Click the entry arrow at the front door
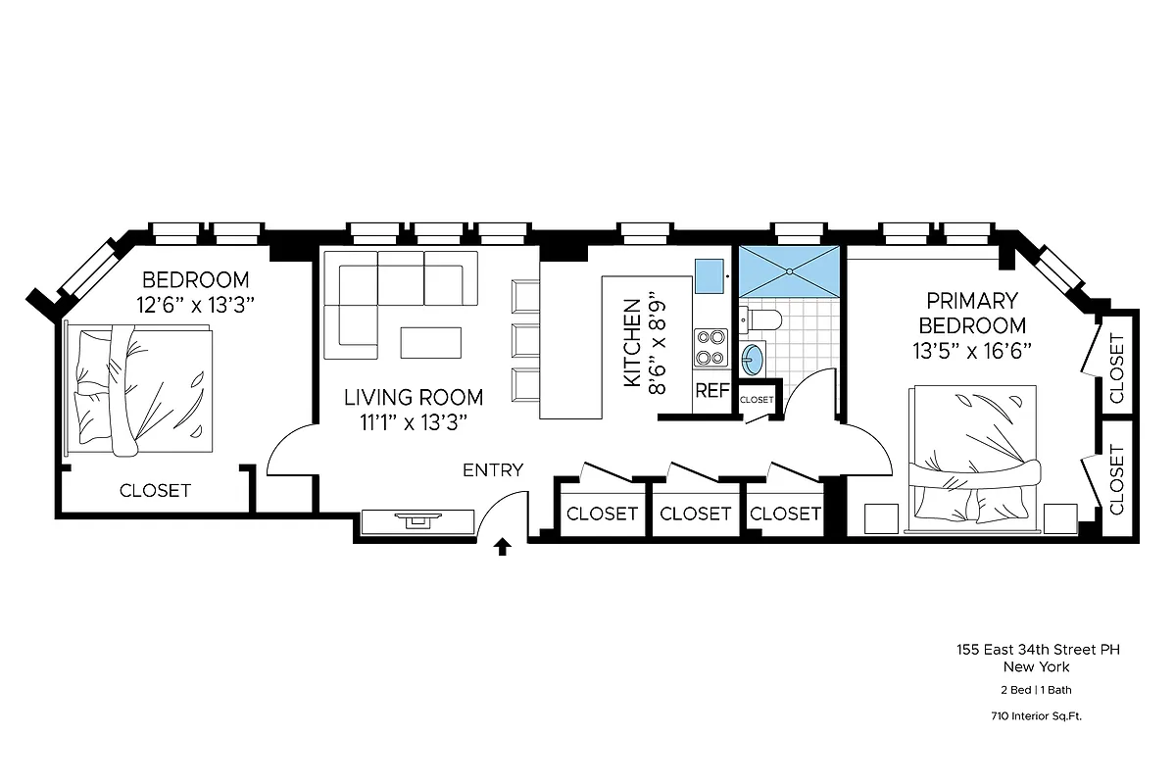503,547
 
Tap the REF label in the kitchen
712,391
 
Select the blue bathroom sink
753,359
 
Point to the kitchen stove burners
710,345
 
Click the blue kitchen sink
709,271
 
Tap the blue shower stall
788,269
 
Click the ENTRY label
493,470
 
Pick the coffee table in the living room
431,341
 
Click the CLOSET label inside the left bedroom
155,490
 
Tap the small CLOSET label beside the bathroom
756,400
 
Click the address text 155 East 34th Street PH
1038,649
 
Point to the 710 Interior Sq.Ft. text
1037,716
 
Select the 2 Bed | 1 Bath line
1037,690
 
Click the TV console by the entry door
417,520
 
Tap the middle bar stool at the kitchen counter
525,340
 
